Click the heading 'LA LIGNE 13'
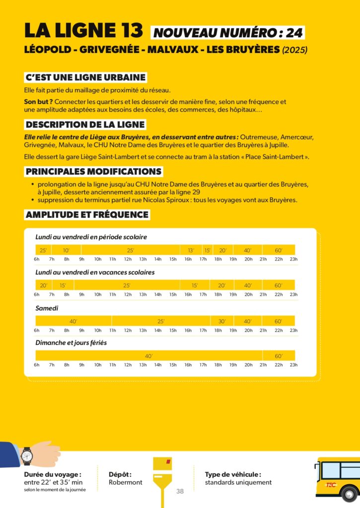tap(84, 31)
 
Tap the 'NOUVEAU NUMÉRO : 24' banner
tap(228, 33)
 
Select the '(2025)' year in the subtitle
tap(295, 50)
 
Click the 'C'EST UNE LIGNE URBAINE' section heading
tap(86, 77)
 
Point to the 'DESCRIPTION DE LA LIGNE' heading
tap(85, 125)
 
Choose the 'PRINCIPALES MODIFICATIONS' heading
tap(94, 172)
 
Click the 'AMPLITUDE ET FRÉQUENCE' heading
tap(87, 215)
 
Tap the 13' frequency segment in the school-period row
tap(191, 250)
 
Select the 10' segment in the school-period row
tap(66, 250)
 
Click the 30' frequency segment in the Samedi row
tap(222, 321)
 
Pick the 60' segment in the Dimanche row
tap(279, 356)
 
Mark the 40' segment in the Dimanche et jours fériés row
tap(148, 356)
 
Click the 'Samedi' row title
tap(47, 308)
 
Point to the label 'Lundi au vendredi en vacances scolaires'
tap(95, 272)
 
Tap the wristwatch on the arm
tap(27, 455)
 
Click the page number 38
tap(180, 492)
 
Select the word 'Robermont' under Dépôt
tap(125, 482)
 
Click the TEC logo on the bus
tap(331, 485)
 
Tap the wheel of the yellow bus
tap(350, 494)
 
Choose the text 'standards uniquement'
tap(238, 482)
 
